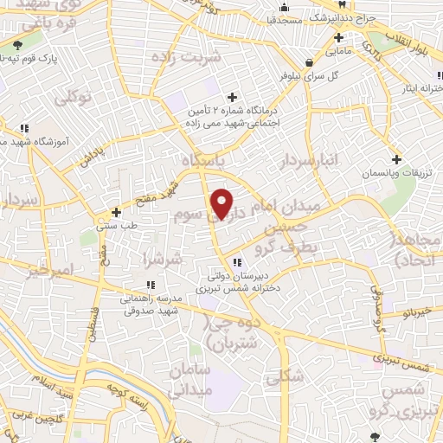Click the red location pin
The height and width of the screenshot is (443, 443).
[x=223, y=203]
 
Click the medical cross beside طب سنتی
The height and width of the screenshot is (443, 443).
[x=116, y=211]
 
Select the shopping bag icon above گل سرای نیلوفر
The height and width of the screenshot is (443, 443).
[x=309, y=62]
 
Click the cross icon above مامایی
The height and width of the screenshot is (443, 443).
[x=338, y=38]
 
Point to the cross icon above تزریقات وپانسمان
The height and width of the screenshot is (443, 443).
[x=396, y=159]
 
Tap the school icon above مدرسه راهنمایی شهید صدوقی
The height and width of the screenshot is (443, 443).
[x=151, y=285]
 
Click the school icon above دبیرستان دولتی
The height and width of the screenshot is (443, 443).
[x=235, y=262]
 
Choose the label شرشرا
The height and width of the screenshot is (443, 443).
[x=164, y=259]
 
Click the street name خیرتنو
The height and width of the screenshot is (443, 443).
[x=411, y=312]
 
